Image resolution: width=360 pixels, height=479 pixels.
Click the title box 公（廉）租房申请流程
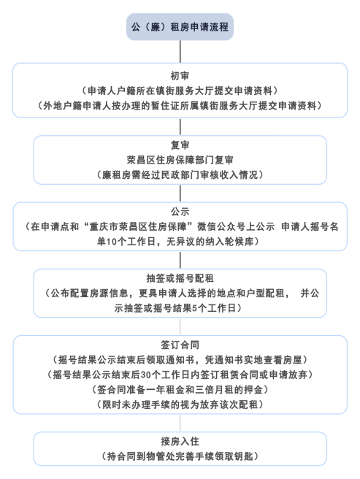coord(180,27)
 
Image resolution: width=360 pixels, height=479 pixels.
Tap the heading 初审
coord(180,76)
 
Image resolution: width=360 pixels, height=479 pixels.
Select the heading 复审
coord(180,145)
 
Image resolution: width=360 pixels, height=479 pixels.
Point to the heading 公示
coord(180,212)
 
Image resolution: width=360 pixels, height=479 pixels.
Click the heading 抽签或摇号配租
coord(180,278)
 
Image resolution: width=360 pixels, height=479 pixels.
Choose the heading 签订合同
coord(180,345)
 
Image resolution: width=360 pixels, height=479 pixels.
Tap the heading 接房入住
coord(180,441)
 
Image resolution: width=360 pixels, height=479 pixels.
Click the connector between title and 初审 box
coord(180,52)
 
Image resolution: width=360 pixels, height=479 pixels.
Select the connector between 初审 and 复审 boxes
coord(180,126)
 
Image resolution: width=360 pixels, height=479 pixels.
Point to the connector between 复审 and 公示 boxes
coord(180,193)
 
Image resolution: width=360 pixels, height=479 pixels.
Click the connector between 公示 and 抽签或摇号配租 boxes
coord(180,260)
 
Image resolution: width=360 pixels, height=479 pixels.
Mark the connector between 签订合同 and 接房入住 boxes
coord(180,423)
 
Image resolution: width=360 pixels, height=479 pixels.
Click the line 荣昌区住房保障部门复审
coord(180,160)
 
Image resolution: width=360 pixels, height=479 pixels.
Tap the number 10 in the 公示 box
coord(112,242)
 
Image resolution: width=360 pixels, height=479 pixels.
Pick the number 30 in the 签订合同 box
coord(146,375)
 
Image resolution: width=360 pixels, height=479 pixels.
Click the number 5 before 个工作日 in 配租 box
coord(195,308)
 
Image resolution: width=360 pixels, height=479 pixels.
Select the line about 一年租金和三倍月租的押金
coord(180,389)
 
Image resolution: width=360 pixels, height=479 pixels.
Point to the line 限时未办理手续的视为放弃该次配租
coord(180,405)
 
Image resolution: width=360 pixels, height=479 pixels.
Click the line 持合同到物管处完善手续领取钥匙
coord(180,456)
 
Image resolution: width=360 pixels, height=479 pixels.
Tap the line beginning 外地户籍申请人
coord(180,106)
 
